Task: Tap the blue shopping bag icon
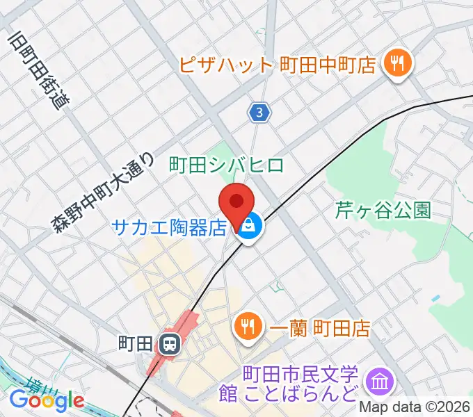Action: point(248,224)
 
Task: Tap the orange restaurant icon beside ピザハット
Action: point(399,65)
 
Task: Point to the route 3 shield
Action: point(259,111)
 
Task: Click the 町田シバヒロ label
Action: point(227,165)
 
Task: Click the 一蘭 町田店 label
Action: point(319,327)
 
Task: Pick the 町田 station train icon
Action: point(168,343)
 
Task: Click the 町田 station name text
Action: point(136,343)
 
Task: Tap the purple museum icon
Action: point(380,380)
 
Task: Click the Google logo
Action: point(47,400)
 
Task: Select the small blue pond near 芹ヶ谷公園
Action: point(435,298)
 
